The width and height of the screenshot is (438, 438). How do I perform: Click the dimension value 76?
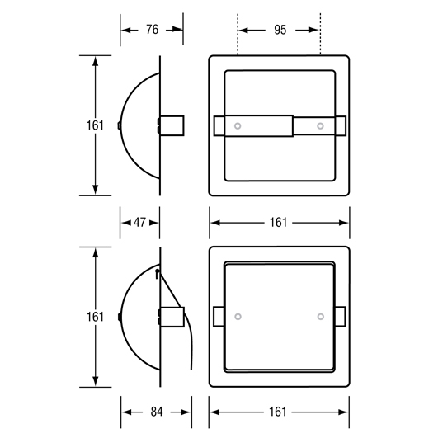click(153, 30)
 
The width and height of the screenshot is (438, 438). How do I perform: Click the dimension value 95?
click(280, 30)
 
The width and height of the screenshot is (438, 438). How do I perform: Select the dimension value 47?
click(139, 223)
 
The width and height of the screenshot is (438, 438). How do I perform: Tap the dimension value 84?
click(157, 412)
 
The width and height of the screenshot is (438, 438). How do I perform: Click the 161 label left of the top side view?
click(95, 125)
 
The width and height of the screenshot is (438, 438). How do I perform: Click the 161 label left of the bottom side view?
click(95, 317)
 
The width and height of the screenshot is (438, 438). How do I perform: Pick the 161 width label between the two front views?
click(278, 223)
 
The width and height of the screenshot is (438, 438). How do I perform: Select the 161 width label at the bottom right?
click(278, 412)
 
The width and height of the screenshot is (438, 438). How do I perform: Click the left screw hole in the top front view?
click(238, 126)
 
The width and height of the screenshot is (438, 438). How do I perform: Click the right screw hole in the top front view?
click(320, 126)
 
